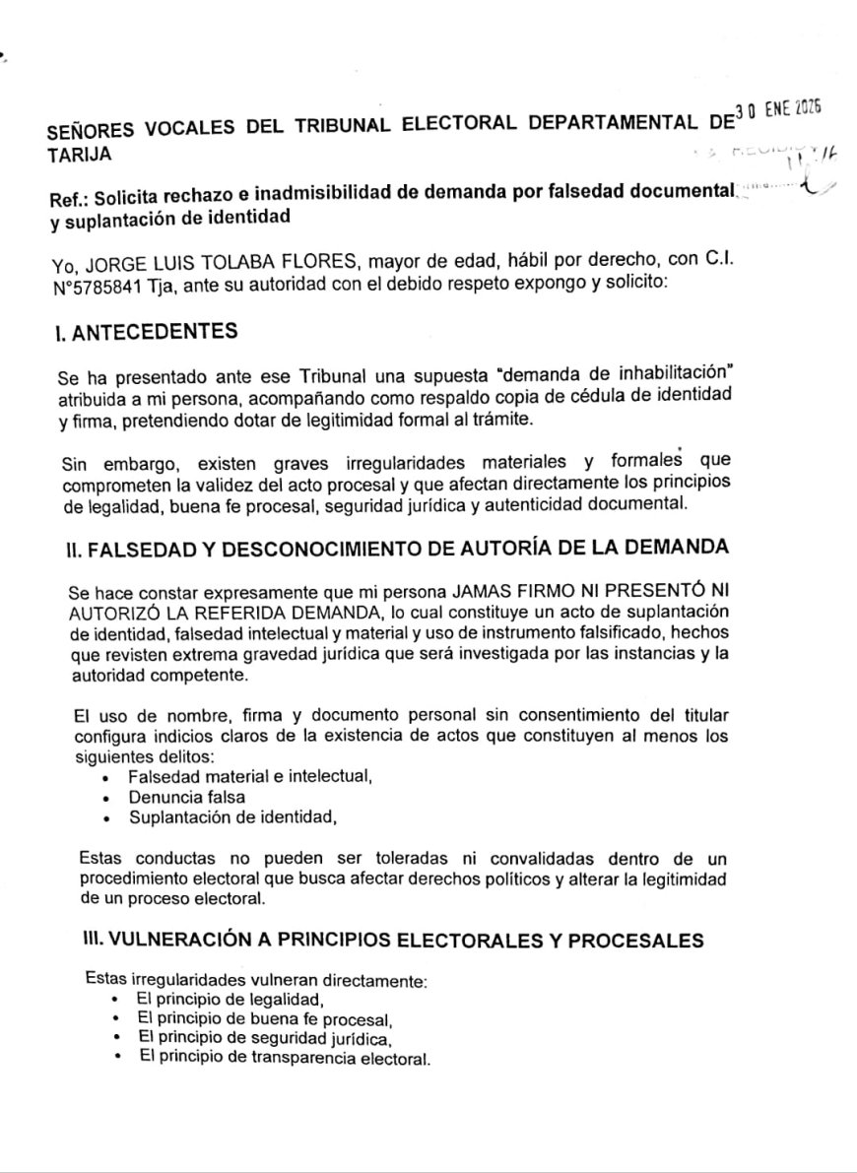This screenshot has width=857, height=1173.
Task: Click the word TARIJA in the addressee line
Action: [x=79, y=154]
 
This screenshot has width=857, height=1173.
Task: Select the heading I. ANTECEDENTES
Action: [x=147, y=332]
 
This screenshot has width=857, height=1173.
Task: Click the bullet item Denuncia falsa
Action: [x=187, y=797]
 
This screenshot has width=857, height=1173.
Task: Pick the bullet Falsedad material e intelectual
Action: [x=249, y=777]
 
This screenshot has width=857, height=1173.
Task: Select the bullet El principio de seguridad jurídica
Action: [x=266, y=1038]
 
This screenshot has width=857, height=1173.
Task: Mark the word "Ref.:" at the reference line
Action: [x=70, y=195]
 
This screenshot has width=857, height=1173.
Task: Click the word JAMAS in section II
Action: [x=482, y=594]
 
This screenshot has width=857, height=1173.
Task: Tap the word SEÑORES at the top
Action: [x=91, y=130]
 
